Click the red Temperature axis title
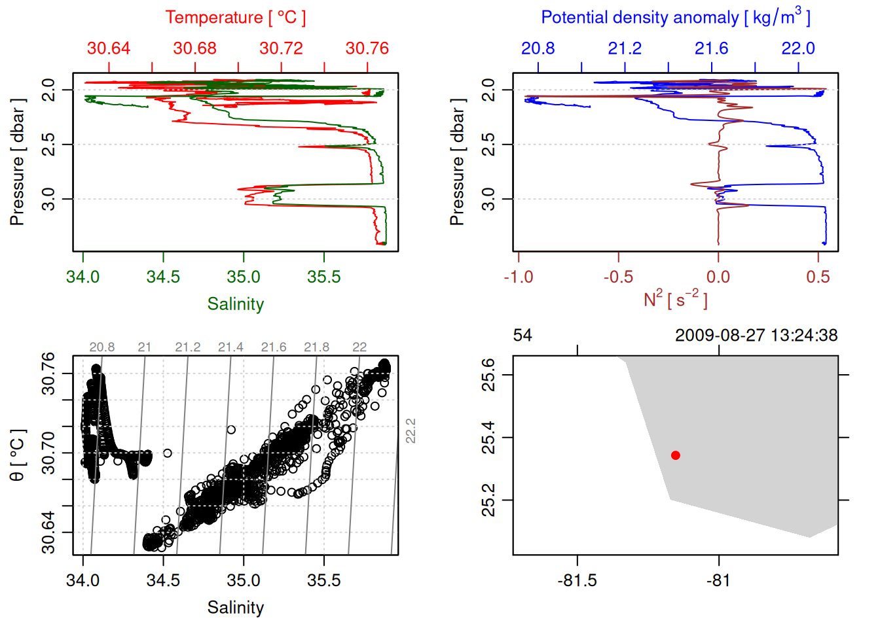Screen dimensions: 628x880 point(235,18)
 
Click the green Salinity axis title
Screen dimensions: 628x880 point(235,304)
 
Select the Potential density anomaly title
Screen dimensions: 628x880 point(675,18)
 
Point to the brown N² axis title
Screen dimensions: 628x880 point(675,300)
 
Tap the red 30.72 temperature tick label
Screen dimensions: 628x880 point(281,48)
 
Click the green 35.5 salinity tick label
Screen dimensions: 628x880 point(324,277)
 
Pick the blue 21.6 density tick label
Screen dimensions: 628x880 point(711,48)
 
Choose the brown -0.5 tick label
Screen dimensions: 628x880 point(618,277)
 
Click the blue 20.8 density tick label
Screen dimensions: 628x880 point(538,48)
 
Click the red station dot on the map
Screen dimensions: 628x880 point(676,455)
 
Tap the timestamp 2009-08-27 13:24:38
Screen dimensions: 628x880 point(756,336)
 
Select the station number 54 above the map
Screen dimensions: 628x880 point(522,336)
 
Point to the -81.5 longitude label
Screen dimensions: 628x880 point(577,581)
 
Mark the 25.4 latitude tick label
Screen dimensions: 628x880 point(488,438)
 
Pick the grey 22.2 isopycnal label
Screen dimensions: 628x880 point(411,431)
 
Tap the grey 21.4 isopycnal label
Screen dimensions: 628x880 point(230,347)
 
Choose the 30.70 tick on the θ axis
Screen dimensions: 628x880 point(48,453)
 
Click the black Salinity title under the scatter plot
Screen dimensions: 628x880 point(235,608)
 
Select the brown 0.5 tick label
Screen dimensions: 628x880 point(818,277)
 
